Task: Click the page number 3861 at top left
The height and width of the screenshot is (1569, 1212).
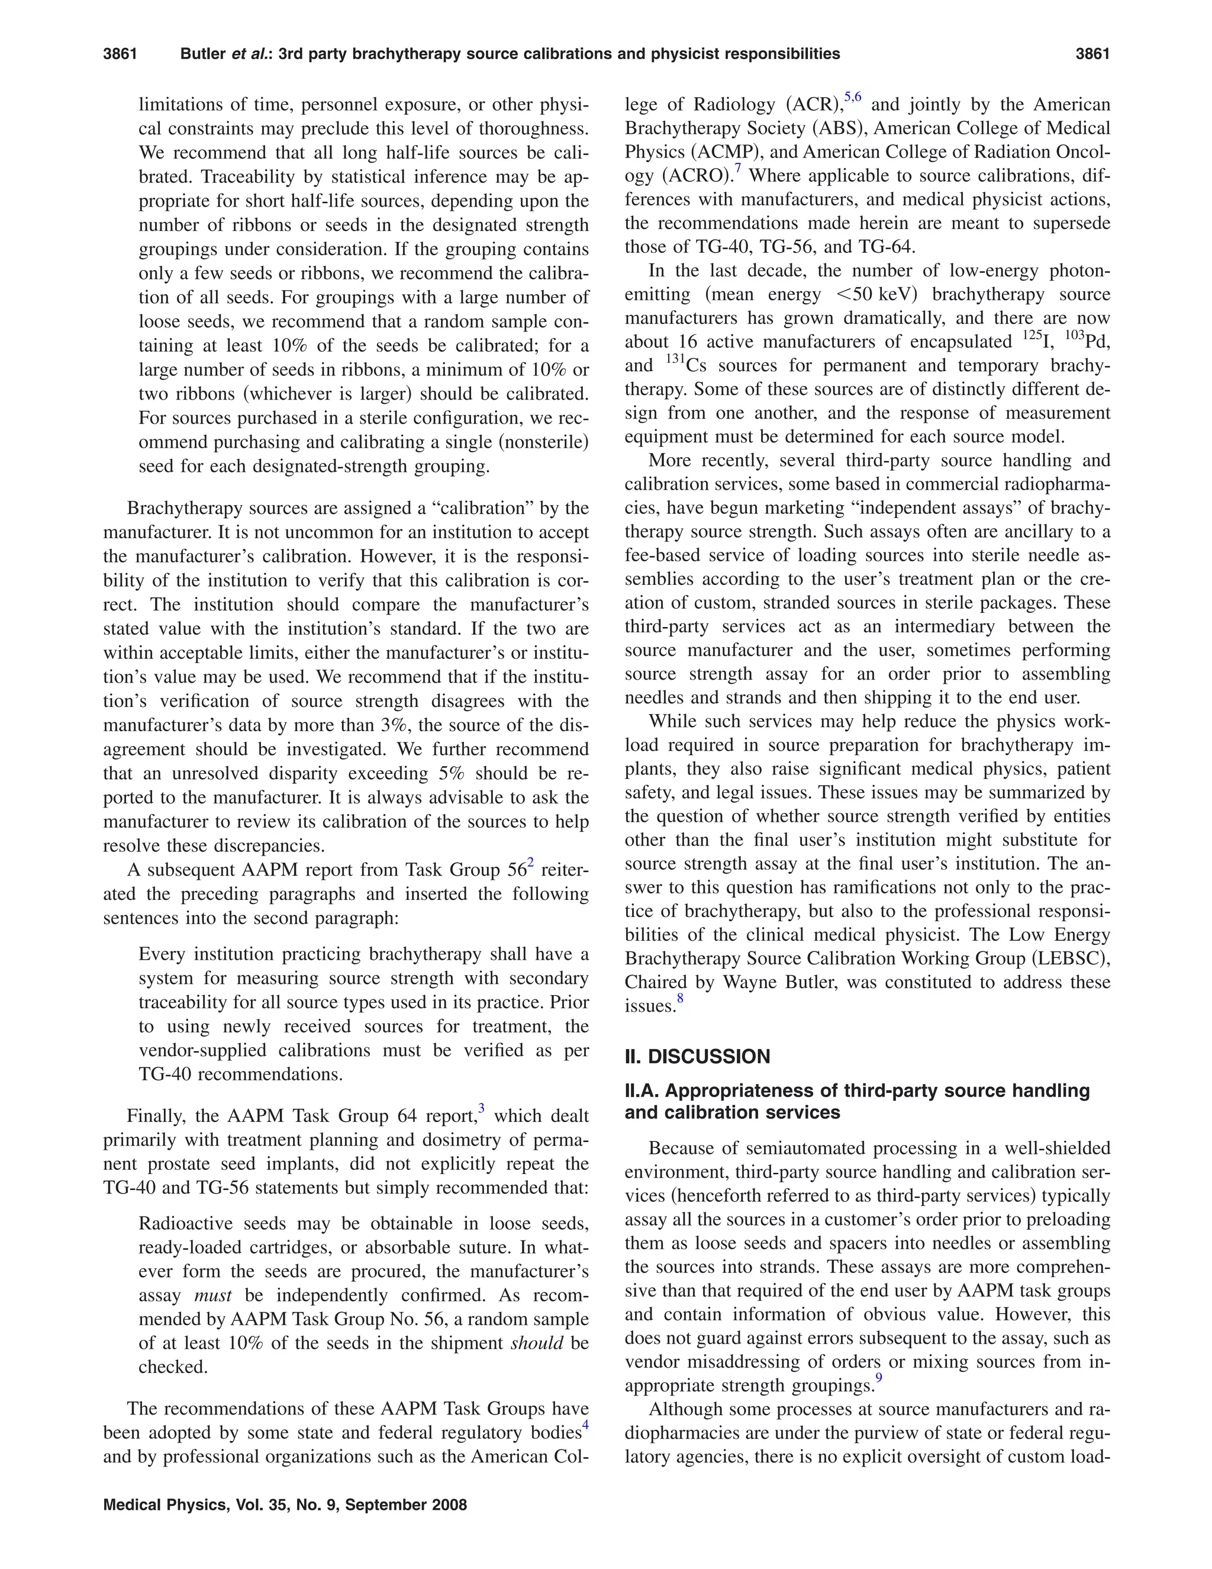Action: click(120, 54)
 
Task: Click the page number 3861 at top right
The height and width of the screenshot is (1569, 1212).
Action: click(1092, 54)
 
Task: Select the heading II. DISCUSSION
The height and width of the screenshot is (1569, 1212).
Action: click(697, 1056)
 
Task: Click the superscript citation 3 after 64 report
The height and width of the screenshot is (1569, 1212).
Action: click(481, 1108)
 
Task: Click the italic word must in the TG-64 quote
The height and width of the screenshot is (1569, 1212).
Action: click(212, 1295)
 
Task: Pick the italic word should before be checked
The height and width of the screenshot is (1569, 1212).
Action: click(536, 1343)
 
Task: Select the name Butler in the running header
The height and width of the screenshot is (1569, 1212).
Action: click(202, 54)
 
